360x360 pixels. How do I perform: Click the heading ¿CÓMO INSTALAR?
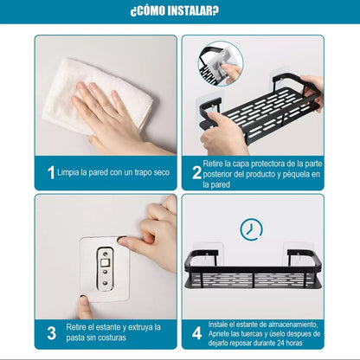coord(175,11)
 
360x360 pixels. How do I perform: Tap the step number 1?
coord(51,172)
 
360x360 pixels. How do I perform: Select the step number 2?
coord(196,172)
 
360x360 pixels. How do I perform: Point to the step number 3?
coord(51,333)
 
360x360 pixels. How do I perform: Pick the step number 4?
coord(197,333)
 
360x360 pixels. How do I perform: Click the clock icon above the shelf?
coord(251,229)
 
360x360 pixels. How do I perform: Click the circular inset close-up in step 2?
coord(221,64)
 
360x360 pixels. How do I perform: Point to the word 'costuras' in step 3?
coord(112,337)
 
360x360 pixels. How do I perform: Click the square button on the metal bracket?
coord(105,263)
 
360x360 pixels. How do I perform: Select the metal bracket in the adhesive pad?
coord(105,268)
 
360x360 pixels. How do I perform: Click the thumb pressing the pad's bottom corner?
coord(85,307)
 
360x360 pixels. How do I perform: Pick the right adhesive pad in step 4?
coord(298,253)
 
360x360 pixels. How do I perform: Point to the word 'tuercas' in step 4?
coord(251,334)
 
